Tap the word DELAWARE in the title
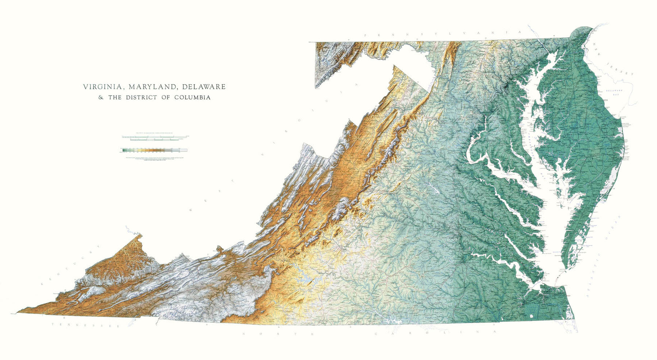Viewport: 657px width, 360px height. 204,87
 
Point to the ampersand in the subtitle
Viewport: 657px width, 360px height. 101,97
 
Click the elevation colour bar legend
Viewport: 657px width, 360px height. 153,150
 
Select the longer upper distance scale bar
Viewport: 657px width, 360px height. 153,136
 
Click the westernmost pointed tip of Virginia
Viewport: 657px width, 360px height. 18,313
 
